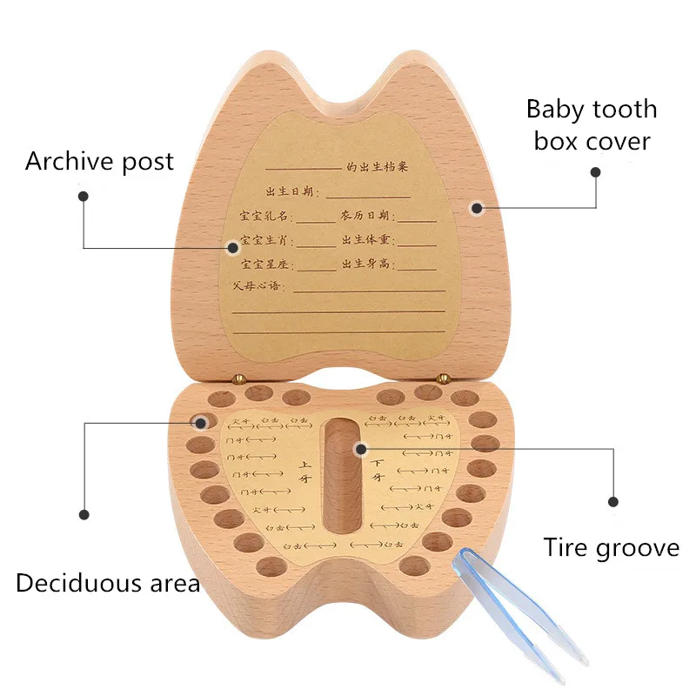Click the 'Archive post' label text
point(99,161)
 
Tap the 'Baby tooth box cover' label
point(592,125)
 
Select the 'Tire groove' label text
point(611,547)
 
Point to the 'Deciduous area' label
point(108,582)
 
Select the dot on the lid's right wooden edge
point(476,207)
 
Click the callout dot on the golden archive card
point(233,248)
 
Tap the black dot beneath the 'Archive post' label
point(84,197)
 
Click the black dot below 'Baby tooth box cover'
point(596,172)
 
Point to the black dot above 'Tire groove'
point(612,502)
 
